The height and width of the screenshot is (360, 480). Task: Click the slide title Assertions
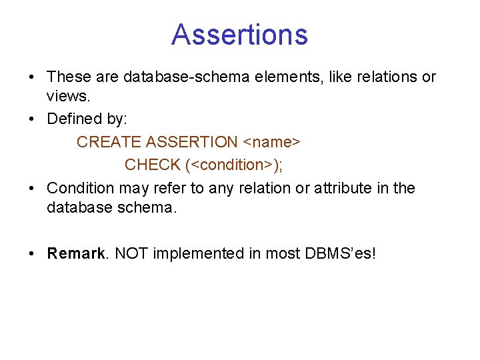click(239, 35)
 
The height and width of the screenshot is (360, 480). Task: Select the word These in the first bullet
click(68, 77)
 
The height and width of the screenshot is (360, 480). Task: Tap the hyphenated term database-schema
click(179, 77)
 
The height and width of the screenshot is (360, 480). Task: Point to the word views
click(67, 97)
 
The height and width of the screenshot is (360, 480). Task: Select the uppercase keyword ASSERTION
click(191, 142)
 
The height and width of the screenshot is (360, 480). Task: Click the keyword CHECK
click(152, 165)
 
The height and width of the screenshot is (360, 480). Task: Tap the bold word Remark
click(76, 253)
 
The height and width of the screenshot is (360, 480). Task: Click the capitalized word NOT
click(131, 253)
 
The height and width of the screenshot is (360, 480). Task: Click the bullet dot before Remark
click(33, 254)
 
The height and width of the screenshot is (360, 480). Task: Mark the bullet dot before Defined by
click(33, 120)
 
